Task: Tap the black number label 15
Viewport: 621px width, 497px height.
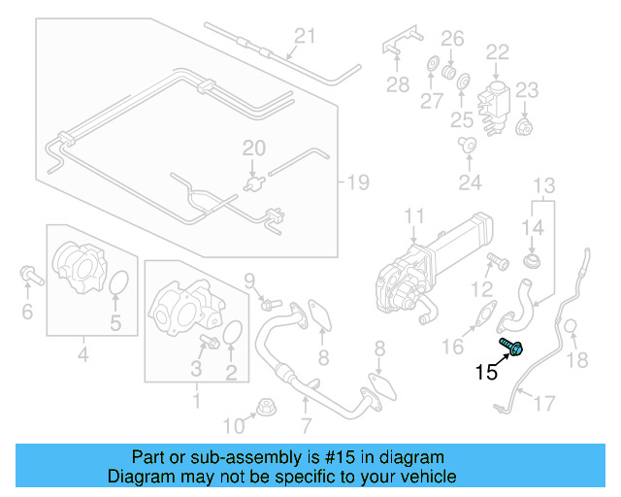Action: coord(486,371)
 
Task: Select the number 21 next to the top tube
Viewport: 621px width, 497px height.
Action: coord(306,37)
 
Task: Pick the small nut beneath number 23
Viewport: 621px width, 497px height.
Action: coord(525,126)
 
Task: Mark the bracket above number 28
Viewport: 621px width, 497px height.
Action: coord(399,50)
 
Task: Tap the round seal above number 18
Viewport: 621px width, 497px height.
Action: coord(572,328)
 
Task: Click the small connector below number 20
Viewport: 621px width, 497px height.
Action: coord(256,180)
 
